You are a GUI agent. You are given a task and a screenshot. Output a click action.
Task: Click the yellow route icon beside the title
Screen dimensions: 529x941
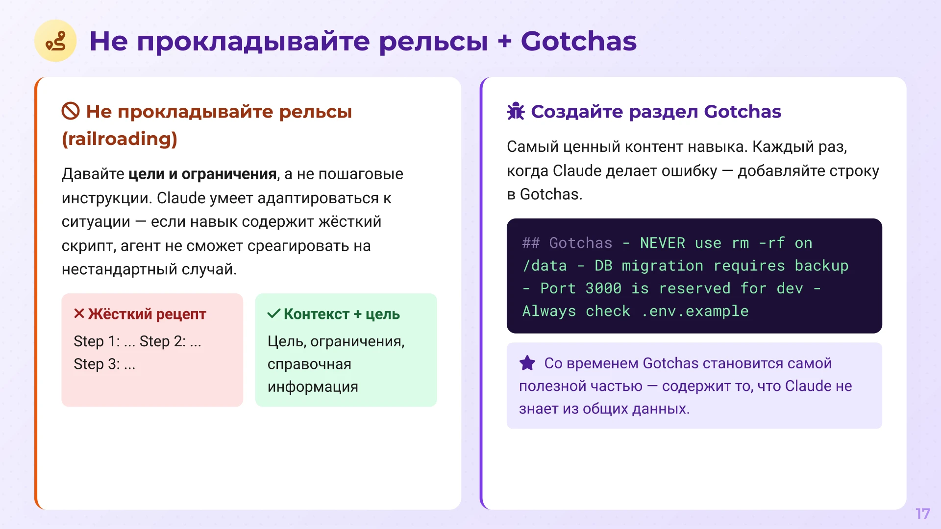(55, 41)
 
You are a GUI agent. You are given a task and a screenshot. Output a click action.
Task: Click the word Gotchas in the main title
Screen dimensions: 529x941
(578, 41)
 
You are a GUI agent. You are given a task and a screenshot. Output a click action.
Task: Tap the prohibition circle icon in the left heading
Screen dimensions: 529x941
(71, 111)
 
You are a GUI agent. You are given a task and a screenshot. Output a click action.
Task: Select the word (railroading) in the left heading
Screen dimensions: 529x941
(119, 139)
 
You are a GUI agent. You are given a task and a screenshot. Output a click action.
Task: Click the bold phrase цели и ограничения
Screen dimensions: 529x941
(202, 174)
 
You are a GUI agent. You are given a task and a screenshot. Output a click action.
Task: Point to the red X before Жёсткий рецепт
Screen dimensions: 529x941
(79, 313)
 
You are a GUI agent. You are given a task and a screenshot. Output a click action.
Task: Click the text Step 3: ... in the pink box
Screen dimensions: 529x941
(104, 364)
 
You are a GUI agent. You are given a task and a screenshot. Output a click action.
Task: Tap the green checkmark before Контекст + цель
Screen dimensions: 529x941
(273, 313)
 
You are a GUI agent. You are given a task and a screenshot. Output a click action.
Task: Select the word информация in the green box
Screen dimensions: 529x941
(313, 387)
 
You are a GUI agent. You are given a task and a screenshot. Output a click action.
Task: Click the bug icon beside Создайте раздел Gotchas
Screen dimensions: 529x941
(516, 112)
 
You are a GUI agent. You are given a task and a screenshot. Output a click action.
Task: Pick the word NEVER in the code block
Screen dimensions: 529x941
(662, 243)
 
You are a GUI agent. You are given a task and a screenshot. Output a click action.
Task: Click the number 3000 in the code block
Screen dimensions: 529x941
(603, 289)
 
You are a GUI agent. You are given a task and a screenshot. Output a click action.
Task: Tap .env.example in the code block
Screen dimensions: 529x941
(694, 312)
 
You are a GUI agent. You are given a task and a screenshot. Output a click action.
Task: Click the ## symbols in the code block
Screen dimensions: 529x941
(531, 243)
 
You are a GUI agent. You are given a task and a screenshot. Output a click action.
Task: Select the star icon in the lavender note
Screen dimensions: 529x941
(527, 363)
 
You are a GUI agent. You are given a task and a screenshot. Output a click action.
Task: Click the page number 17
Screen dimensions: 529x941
(922, 513)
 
